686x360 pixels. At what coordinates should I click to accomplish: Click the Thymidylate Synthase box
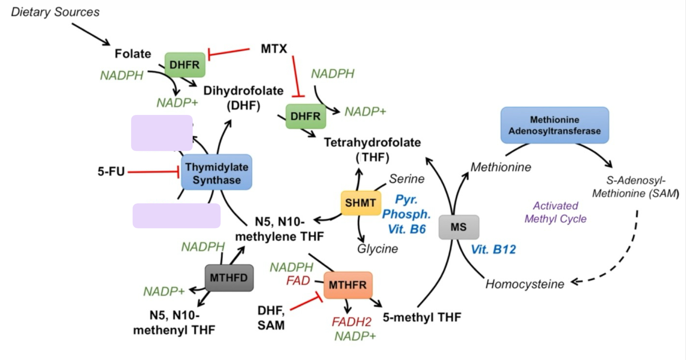tap(217, 173)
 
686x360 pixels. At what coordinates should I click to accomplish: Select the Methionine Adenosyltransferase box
tap(554, 125)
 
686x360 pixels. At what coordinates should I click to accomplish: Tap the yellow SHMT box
tap(361, 203)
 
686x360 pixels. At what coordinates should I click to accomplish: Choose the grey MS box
tap(459, 227)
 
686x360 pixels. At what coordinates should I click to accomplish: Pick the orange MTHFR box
tap(348, 285)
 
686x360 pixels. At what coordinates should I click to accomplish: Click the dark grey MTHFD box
tap(229, 278)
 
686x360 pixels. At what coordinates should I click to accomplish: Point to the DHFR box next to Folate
tap(185, 65)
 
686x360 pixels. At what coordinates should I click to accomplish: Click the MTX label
tap(274, 49)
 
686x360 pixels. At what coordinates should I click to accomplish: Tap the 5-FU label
tap(111, 171)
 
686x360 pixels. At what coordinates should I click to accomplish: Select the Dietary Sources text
tap(55, 12)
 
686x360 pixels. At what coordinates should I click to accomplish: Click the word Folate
tap(133, 54)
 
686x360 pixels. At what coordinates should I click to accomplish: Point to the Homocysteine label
tap(525, 284)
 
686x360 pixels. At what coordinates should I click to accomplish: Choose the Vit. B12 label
tap(493, 249)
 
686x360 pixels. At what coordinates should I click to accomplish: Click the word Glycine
tap(377, 249)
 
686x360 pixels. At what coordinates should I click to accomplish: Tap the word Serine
tap(406, 179)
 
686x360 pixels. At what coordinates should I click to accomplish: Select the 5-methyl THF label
tap(422, 318)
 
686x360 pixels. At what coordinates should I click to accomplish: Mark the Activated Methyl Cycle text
tap(555, 212)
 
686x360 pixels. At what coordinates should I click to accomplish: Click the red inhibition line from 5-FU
tap(152, 172)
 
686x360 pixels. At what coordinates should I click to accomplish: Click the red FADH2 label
tap(352, 322)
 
